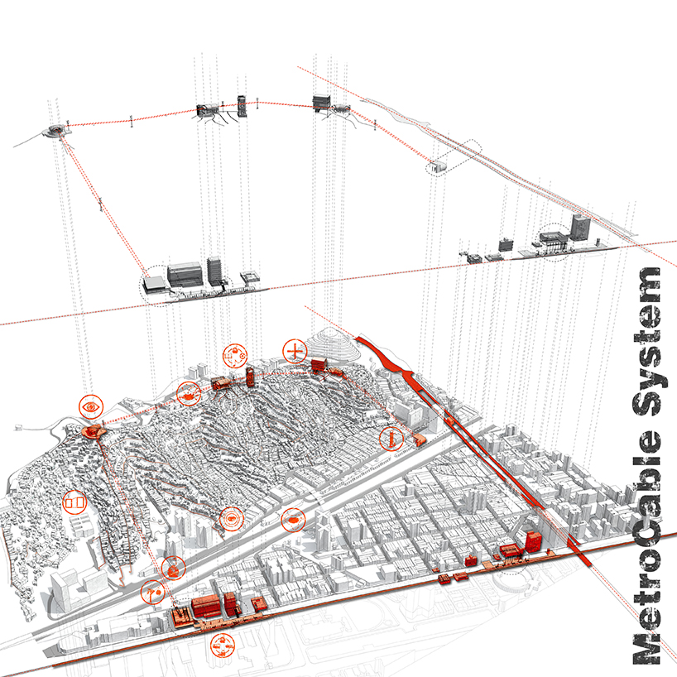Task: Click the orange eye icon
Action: (x=91, y=407)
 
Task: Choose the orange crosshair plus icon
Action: (x=294, y=351)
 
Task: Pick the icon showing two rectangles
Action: (x=74, y=502)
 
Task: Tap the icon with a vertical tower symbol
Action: (x=391, y=439)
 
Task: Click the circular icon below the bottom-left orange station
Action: (x=222, y=645)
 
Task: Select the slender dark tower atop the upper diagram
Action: (x=242, y=105)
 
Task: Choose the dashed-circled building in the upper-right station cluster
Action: (x=550, y=240)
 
